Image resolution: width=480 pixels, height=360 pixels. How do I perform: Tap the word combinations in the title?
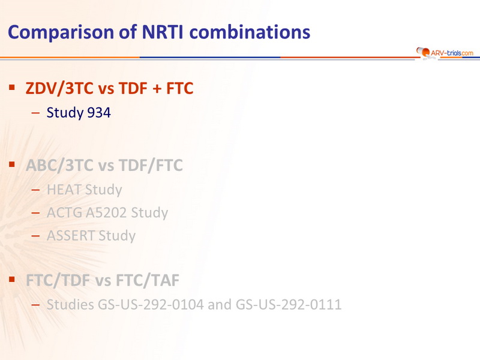[250, 32]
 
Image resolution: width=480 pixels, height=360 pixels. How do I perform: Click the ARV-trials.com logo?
[445, 53]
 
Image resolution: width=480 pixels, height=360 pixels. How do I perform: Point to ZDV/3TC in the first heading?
[59, 88]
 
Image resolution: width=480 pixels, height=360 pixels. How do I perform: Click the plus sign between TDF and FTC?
[157, 89]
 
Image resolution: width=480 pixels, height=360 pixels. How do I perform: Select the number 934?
[98, 113]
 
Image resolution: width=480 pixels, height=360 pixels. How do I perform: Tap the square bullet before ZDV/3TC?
[12, 88]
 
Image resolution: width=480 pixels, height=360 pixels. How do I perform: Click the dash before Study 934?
[35, 113]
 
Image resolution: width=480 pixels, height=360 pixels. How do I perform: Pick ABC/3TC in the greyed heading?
[59, 166]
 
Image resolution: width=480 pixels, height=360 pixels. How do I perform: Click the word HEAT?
[64, 190]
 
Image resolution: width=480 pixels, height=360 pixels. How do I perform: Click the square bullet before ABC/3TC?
[12, 164]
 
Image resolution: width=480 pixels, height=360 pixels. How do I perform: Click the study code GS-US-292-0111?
[289, 305]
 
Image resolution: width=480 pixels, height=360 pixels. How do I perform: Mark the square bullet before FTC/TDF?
[12, 280]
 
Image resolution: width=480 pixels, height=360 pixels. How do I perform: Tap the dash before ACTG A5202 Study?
[35, 213]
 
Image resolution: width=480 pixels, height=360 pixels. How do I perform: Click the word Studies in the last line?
[70, 305]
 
